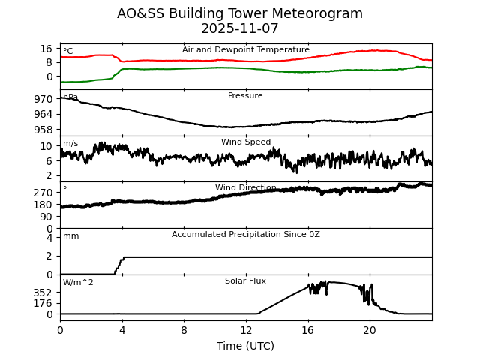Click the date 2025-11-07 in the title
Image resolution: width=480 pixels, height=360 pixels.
pos(240,29)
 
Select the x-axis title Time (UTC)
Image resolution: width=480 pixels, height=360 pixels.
pos(246,346)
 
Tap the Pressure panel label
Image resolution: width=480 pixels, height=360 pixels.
pos(245,96)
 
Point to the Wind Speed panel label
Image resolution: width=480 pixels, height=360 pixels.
pos(246,142)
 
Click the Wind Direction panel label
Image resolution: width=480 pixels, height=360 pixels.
pos(246,188)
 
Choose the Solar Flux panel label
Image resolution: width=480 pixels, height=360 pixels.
pos(245,281)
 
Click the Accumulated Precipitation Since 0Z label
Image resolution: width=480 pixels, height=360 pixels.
pos(246,235)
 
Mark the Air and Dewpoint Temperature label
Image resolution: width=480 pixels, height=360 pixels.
pos(246,50)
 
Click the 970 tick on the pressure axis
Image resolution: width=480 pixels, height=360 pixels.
pos(43,99)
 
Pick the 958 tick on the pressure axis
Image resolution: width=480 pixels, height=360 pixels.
pos(43,129)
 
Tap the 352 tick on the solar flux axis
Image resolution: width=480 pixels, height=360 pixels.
pos(43,292)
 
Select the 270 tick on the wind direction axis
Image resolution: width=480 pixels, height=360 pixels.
pos(43,193)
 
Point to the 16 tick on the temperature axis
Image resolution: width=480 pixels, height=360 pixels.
pos(46,49)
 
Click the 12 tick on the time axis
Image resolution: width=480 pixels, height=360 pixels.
pos(246,330)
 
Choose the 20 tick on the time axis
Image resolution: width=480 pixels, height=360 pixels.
pos(370,330)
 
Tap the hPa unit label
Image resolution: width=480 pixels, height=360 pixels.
pos(70,97)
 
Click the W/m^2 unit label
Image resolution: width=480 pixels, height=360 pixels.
pos(78,283)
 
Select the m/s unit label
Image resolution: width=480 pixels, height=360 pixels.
pos(70,144)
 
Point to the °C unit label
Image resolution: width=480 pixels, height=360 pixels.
pos(68,52)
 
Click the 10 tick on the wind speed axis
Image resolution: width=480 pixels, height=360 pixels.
pos(46,146)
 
